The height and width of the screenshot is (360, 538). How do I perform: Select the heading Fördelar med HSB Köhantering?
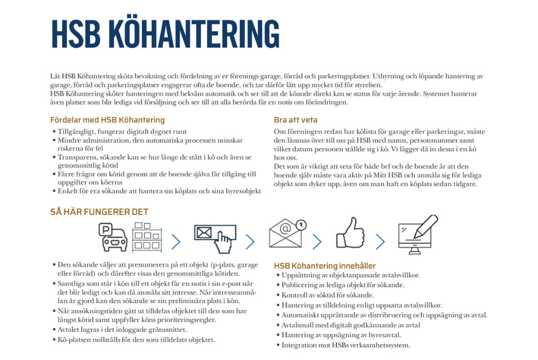point(107,120)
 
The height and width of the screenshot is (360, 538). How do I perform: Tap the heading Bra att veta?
point(296,120)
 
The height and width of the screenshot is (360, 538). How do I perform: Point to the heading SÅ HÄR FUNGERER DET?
point(99,212)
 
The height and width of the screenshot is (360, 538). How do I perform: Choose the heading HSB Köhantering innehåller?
point(325,266)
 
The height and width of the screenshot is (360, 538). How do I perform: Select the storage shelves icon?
point(147,238)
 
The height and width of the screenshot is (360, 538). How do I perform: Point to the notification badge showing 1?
point(301,224)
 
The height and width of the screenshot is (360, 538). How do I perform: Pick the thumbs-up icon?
point(350,233)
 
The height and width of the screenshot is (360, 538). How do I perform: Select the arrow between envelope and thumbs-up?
point(317,242)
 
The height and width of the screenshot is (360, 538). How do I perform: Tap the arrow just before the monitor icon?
point(380,242)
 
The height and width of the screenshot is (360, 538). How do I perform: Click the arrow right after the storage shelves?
point(176,242)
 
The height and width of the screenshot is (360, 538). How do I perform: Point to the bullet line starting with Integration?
point(345,345)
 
